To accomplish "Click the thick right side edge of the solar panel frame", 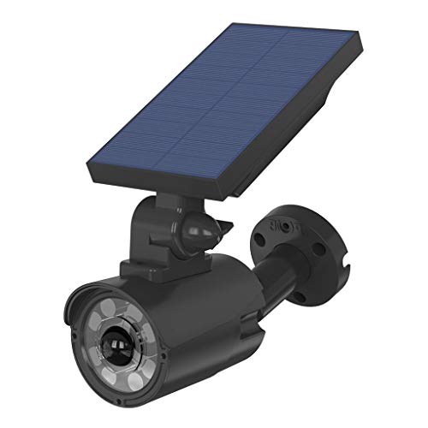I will pos(300,128).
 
